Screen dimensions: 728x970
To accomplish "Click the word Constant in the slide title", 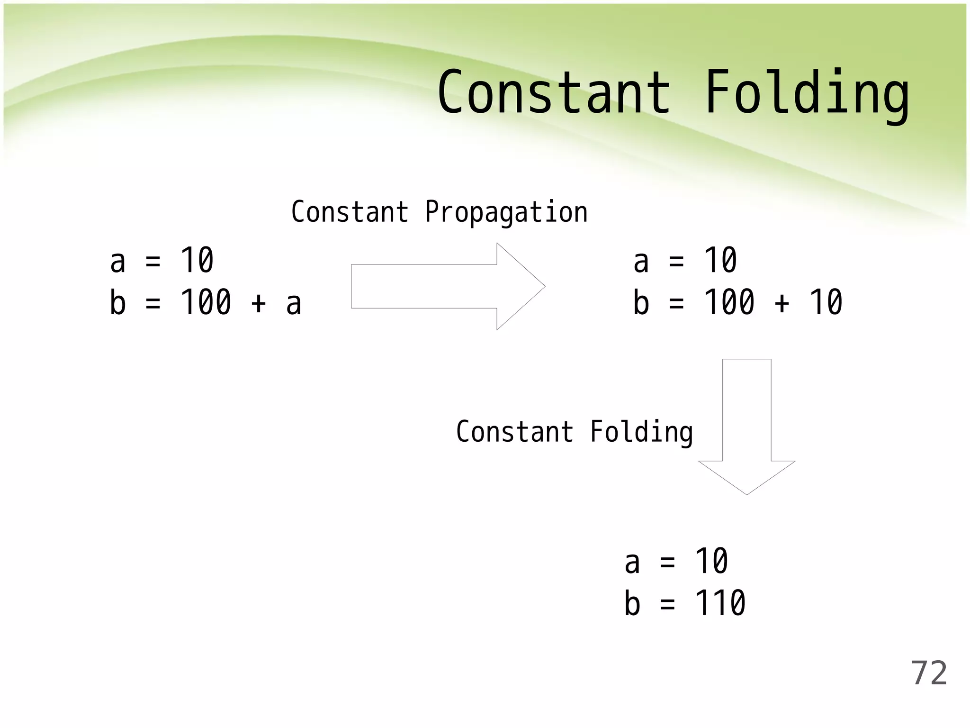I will (554, 92).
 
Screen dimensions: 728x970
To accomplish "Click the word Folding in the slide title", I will (807, 93).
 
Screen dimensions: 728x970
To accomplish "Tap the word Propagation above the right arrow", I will (506, 212).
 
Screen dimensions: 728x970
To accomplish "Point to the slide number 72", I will (929, 673).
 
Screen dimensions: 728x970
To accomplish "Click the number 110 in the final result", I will (720, 603).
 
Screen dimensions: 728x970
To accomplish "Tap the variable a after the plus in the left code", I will (294, 303).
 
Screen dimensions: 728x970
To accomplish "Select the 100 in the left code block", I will (206, 302).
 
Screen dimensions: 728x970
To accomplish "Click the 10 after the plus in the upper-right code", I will (826, 302).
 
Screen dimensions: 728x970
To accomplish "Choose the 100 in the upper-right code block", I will (729, 302).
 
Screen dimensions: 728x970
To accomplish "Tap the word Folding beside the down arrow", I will (641, 432).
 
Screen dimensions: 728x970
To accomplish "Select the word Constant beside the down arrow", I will (514, 432).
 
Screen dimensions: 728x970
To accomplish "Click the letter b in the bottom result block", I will (632, 603).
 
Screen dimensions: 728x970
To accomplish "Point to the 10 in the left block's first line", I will (197, 261).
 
